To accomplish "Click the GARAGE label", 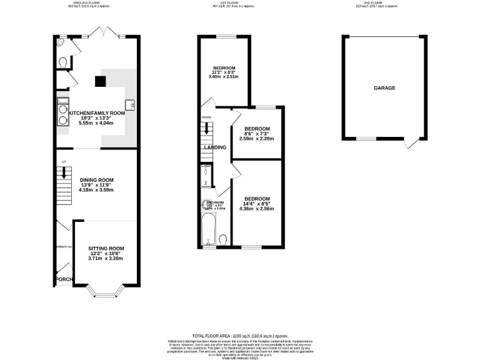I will (x=384, y=88).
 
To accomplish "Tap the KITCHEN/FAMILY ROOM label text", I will (x=97, y=113).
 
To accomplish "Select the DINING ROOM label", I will (x=96, y=180).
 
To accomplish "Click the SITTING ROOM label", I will (x=106, y=248).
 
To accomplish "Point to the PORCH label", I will (x=64, y=279).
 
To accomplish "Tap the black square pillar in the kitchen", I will (x=99, y=80).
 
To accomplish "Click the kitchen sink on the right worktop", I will (x=131, y=104).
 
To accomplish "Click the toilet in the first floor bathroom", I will (x=224, y=239).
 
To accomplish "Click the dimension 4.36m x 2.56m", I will (x=257, y=208).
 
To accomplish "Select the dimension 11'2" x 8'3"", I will (x=223, y=73).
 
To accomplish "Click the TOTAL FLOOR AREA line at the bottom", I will (x=239, y=336).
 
